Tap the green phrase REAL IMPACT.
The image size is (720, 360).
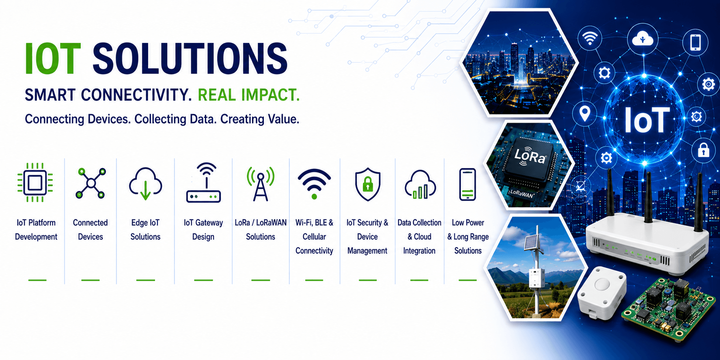[248, 95]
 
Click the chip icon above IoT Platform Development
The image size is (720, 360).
[35, 183]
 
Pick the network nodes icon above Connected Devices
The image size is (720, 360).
[91, 183]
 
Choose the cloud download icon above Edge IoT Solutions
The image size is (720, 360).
[145, 184]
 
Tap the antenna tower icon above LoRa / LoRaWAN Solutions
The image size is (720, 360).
[261, 184]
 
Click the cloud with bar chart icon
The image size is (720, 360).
[420, 185]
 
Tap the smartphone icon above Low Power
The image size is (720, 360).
[468, 184]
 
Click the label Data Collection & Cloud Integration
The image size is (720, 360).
[419, 237]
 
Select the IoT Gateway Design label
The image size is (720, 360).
[203, 230]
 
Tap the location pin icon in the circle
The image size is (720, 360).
[584, 114]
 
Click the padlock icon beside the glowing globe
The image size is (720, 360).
[703, 150]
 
